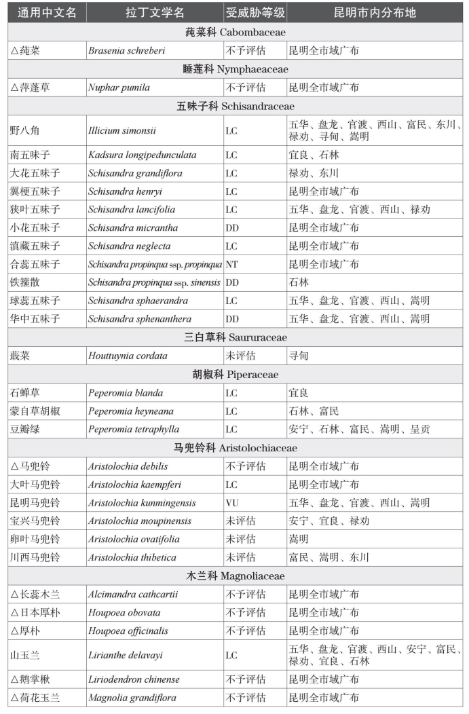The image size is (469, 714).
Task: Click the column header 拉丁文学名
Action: [154, 13]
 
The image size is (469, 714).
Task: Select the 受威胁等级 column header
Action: [255, 13]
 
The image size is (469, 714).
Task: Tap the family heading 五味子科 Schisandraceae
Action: [235, 106]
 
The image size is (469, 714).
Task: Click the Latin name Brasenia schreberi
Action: [126, 50]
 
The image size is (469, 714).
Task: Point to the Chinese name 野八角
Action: [25, 130]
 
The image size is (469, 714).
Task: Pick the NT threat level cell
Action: [231, 264]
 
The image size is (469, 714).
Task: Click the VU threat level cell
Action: [232, 503]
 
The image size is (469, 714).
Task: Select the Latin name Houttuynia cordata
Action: [128, 356]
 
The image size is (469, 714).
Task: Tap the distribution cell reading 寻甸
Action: [299, 356]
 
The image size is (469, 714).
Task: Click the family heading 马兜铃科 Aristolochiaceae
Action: [235, 448]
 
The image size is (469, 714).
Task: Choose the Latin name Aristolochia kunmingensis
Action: [142, 503]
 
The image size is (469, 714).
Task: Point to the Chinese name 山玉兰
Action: [25, 655]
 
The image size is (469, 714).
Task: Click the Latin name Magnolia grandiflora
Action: [132, 698]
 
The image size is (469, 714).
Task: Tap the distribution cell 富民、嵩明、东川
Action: [329, 558]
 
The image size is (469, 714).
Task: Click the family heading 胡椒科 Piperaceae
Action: [235, 375]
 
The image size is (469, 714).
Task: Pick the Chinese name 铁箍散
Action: [25, 282]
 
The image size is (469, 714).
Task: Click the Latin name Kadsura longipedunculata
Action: [142, 155]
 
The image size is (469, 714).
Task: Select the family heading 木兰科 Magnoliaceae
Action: [235, 576]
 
